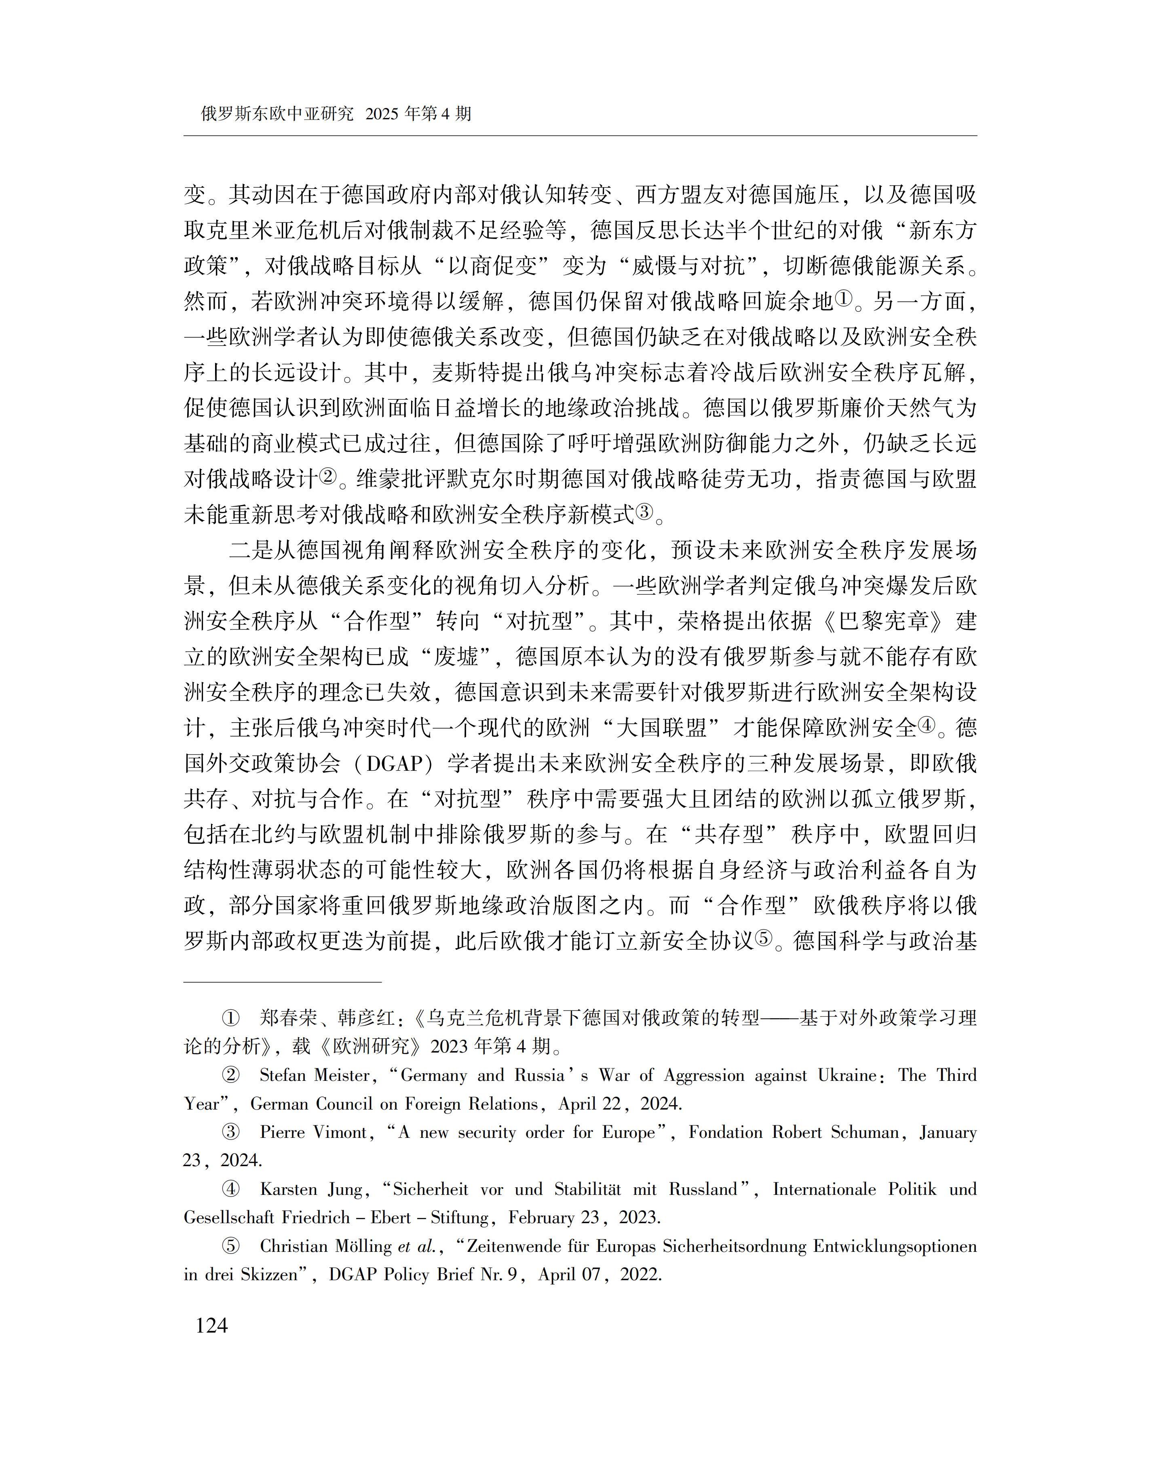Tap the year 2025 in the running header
pos(381,114)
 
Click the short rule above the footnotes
pos(283,982)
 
